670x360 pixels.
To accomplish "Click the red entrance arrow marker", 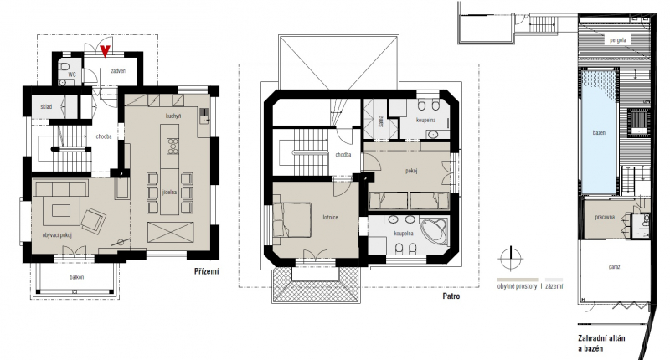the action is [x=106, y=51].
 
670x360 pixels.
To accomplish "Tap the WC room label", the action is [x=72, y=75].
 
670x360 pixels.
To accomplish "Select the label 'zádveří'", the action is [x=118, y=71].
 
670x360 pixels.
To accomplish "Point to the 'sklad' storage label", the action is [x=46, y=106].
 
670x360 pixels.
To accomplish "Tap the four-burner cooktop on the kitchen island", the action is [x=173, y=145].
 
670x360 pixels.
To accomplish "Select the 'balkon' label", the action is [x=77, y=277].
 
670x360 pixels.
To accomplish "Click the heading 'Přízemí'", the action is [x=206, y=271].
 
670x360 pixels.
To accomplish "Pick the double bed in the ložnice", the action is [x=291, y=219].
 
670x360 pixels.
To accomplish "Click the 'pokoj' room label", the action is [x=411, y=171].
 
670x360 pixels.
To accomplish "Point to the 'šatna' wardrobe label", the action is [x=381, y=121].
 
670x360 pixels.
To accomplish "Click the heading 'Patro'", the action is [x=451, y=296].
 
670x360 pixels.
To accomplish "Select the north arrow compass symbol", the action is [x=511, y=259].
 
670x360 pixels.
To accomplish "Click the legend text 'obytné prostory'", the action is [x=517, y=286].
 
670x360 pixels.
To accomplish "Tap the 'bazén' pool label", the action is [x=599, y=133].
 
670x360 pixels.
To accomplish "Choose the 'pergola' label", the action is [x=617, y=40].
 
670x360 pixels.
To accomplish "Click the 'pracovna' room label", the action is [x=605, y=217].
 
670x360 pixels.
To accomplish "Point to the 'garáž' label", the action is [x=614, y=267].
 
